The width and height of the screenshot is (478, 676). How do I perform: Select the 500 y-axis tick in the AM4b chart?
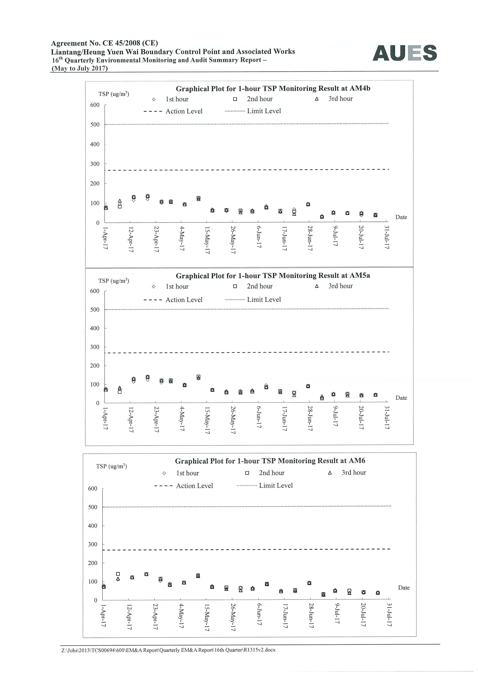[x=95, y=125]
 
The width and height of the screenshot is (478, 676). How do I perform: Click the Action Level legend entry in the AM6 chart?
[x=183, y=486]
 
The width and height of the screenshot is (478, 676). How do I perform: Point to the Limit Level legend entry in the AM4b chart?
[x=253, y=111]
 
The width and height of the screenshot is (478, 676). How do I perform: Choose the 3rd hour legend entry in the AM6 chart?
[x=347, y=473]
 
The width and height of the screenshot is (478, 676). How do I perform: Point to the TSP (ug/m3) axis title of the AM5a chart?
[x=114, y=281]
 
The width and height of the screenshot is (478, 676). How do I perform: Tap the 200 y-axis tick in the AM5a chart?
[x=95, y=366]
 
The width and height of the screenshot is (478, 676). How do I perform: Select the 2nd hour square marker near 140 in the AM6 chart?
[x=118, y=574]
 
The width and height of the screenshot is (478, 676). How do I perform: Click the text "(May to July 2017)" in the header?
[x=80, y=68]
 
